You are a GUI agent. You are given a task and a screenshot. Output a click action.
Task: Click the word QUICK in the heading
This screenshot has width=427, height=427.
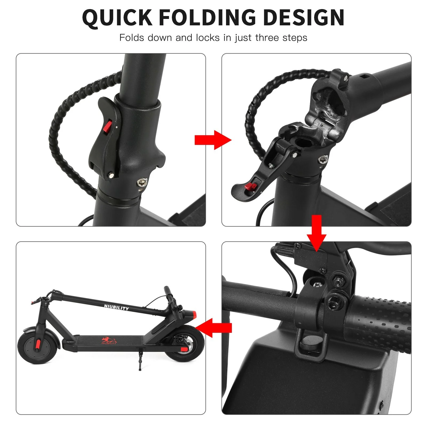point(117,18)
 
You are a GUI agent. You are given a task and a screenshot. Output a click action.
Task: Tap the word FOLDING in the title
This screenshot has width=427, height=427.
point(208,17)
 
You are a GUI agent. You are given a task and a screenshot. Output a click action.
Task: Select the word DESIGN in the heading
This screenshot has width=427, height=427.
point(303,17)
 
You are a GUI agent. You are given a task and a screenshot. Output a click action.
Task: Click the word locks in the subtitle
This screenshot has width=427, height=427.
point(208,38)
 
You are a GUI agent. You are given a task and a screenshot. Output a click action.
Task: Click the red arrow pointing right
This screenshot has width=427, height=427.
point(213,140)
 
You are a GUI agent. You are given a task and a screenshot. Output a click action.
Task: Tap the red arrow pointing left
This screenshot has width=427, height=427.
point(213,328)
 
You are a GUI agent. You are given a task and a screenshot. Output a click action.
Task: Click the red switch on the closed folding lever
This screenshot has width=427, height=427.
point(108,128)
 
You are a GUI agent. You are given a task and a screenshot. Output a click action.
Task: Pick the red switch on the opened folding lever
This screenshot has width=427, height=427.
point(251,186)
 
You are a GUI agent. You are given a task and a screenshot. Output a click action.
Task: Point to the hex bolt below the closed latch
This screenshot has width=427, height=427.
point(142,183)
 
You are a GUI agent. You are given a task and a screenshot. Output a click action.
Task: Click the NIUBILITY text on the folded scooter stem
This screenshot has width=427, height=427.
point(116,307)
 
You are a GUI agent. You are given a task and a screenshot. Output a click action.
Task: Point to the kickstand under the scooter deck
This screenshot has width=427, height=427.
point(139,359)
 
